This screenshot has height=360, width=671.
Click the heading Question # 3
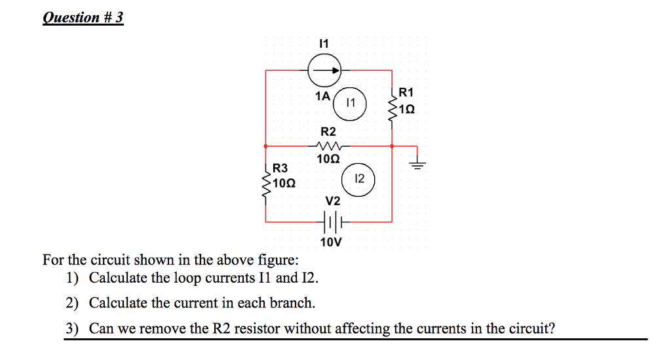click(83, 18)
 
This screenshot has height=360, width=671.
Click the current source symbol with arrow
click(325, 70)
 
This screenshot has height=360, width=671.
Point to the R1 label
click(406, 92)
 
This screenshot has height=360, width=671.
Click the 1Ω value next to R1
click(407, 108)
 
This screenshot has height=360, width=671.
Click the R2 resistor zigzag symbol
click(328, 146)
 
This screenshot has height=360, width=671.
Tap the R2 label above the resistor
click(328, 132)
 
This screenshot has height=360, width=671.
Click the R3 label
click(280, 169)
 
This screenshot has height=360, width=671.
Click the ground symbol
click(417, 163)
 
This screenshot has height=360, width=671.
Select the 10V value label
click(331, 243)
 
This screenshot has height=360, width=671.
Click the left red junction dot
click(265, 146)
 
